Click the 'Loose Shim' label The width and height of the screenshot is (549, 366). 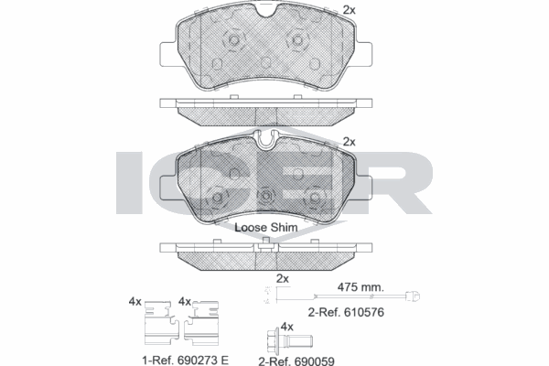coord(266,227)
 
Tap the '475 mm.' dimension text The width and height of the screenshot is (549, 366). coord(361,287)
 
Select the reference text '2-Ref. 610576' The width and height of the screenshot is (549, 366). coord(346,312)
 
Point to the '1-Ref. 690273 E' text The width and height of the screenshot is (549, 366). coord(186,360)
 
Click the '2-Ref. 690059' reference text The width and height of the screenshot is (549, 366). coord(296,361)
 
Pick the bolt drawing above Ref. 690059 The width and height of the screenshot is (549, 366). coord(289,339)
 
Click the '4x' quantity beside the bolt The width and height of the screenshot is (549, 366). coord(287,327)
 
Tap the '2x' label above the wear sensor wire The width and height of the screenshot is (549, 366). coord(283,279)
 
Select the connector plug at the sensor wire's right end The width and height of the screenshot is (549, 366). coord(413,296)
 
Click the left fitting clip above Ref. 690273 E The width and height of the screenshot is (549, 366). coord(162,323)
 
